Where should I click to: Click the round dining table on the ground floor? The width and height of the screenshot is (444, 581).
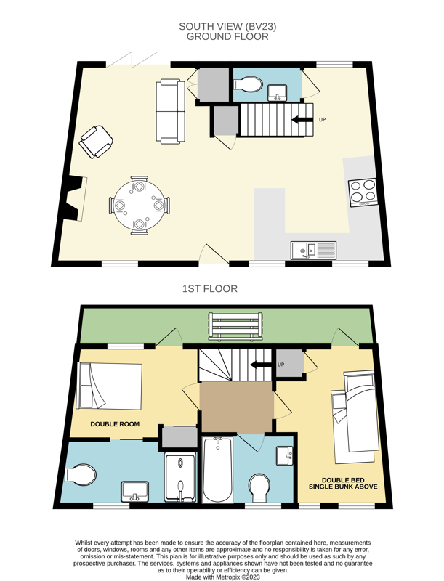pyautogui.click(x=139, y=206)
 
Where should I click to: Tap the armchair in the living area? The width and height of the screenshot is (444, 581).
pyautogui.click(x=96, y=142)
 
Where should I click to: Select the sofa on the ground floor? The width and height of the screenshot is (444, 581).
pyautogui.click(x=171, y=112)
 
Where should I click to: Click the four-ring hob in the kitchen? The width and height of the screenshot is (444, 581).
pyautogui.click(x=363, y=192)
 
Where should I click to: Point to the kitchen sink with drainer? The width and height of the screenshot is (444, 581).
pyautogui.click(x=313, y=250)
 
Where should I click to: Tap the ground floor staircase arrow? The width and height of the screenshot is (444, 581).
pyautogui.click(x=302, y=120)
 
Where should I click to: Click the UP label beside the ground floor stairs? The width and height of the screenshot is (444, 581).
pyautogui.click(x=323, y=120)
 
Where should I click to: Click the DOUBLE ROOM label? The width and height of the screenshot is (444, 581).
pyautogui.click(x=115, y=424)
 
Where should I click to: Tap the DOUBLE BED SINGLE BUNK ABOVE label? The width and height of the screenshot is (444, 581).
pyautogui.click(x=343, y=484)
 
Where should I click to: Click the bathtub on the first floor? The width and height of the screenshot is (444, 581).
pyautogui.click(x=217, y=469)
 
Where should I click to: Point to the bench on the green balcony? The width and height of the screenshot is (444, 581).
pyautogui.click(x=235, y=326)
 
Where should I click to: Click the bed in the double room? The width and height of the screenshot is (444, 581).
pyautogui.click(x=110, y=386)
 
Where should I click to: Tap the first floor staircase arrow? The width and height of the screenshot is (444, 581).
pyautogui.click(x=262, y=365)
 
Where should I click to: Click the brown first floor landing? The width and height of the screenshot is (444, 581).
pyautogui.click(x=237, y=407)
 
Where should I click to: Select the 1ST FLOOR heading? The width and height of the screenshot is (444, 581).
pyautogui.click(x=210, y=289)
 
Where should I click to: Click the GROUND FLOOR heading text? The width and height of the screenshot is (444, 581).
pyautogui.click(x=227, y=37)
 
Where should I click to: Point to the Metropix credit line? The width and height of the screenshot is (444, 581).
pyautogui.click(x=223, y=577)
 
